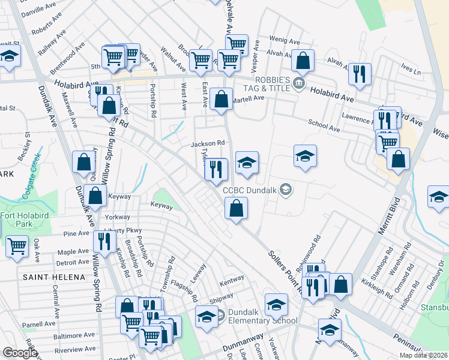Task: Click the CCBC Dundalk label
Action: point(250,190)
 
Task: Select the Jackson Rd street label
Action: point(208,144)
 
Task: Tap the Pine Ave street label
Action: point(76,233)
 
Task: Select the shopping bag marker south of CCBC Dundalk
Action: point(237,209)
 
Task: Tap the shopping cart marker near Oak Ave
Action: point(17,245)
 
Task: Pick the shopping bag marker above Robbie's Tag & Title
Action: point(303,60)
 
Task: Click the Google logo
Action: point(20,353)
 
